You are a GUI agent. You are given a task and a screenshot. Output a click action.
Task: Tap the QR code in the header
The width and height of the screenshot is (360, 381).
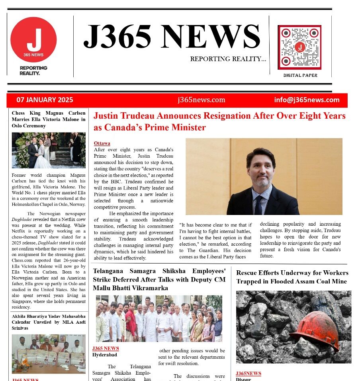299,47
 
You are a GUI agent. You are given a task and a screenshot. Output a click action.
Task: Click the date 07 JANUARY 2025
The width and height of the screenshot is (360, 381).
45,100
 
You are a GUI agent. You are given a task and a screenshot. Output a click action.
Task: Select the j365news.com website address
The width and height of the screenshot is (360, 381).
202,100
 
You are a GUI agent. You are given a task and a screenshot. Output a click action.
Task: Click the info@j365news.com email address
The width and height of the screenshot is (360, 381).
307,100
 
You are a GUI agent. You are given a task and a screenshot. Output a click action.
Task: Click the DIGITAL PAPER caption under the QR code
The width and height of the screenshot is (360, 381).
300,75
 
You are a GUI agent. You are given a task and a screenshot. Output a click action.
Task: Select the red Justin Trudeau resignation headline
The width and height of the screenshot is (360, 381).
219,121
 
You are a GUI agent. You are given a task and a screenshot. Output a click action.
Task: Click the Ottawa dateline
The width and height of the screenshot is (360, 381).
102,143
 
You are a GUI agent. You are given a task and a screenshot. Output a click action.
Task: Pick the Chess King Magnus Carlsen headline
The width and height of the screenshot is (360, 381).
48,119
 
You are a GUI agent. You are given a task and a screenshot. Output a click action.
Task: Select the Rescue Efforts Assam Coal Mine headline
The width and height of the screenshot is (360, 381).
292,277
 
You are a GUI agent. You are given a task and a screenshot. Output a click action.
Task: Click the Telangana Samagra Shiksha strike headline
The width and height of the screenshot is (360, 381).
159,279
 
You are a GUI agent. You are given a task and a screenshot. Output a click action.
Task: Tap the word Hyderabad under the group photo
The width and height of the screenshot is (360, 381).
105,354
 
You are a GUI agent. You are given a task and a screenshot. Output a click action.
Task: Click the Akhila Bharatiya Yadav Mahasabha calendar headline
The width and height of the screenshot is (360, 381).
48,322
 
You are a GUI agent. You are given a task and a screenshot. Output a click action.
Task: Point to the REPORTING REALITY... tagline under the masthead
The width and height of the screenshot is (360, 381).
228,59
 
